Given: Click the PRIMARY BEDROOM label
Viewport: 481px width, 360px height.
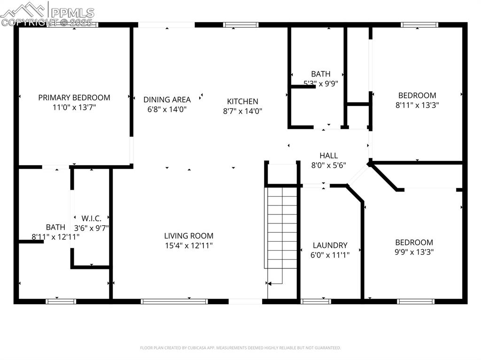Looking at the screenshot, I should click(74, 98).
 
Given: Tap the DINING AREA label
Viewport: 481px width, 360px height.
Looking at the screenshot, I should click(167, 100).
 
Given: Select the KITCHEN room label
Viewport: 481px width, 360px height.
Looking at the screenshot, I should click(242, 101).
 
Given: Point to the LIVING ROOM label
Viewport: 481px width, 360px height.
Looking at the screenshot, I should click(188, 236).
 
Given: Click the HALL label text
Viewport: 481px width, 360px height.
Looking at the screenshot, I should click(328, 156).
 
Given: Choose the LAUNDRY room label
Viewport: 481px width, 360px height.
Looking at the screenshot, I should click(330, 245).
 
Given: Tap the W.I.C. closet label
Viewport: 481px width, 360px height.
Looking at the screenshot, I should click(91, 218).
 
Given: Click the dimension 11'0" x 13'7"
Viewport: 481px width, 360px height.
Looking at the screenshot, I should click(74, 107).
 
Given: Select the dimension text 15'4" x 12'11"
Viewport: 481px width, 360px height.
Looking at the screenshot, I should click(188, 245).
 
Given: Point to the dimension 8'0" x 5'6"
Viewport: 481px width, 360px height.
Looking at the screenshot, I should click(328, 165).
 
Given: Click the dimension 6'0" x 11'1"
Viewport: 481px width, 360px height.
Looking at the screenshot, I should click(330, 255).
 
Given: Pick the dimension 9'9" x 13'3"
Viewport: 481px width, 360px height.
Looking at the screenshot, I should click(414, 252).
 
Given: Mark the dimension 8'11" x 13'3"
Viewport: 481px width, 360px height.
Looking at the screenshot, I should click(417, 105).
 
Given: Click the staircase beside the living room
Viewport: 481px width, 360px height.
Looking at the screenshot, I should click(282, 230).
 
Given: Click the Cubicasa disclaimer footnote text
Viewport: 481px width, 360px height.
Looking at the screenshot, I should click(240, 348).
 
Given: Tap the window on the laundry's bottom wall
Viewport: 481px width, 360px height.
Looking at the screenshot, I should click(316, 301).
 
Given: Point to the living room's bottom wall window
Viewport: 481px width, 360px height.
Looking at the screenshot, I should click(174, 301).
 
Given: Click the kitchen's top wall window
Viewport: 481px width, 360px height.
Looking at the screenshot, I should click(240, 25).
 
